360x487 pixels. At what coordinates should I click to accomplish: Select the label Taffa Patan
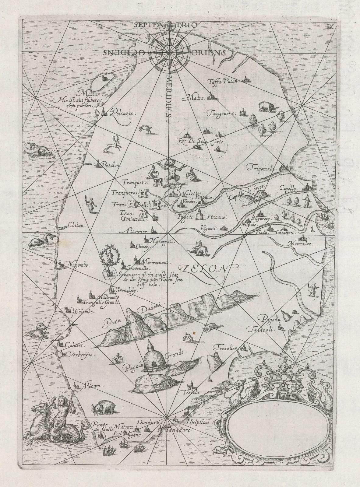[x=224, y=81]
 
